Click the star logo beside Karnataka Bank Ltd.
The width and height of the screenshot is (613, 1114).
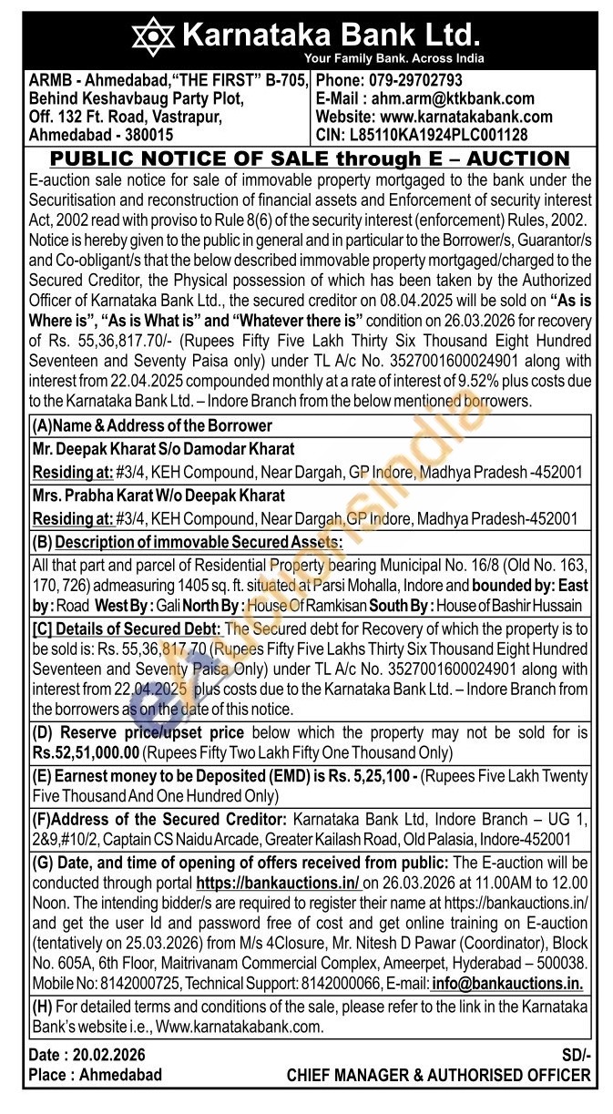tap(153, 37)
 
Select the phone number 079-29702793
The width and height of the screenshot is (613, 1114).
tap(416, 81)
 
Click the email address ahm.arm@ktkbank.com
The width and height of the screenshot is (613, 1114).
tap(449, 98)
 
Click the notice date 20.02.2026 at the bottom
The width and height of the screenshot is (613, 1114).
tap(105, 1055)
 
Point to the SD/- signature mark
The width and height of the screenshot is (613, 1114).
tap(576, 1055)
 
